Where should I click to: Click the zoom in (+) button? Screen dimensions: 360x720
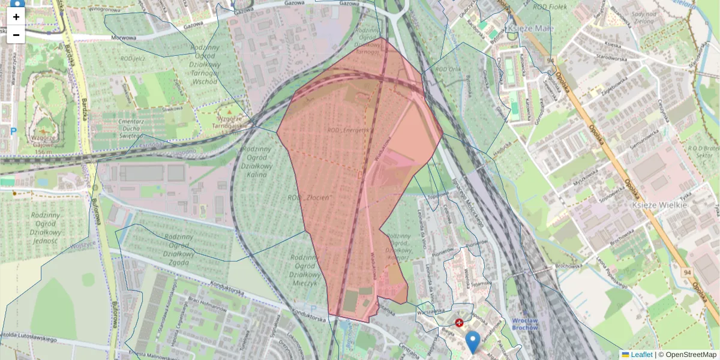[16, 17]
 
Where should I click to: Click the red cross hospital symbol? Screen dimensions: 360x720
[460, 323]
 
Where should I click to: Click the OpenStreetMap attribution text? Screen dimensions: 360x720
[691, 355]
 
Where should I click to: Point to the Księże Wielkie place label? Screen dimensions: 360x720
[659, 205]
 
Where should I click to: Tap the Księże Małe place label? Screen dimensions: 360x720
[531, 28]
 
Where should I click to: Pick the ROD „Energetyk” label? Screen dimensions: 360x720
[350, 129]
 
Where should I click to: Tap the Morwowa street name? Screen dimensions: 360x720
[124, 37]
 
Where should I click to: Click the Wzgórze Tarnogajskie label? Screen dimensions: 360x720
[232, 122]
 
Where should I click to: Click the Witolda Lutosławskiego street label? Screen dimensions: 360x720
[30, 340]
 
